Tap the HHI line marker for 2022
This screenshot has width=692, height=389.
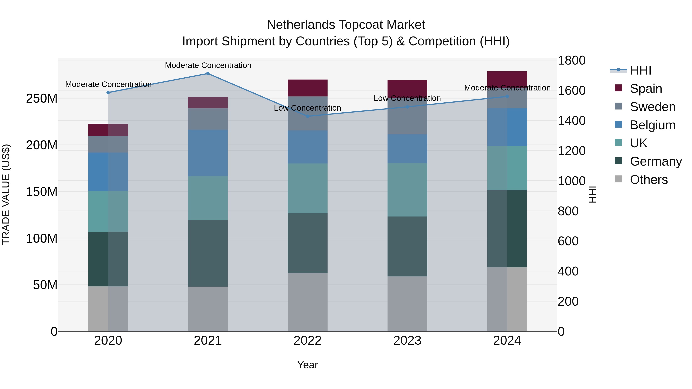tap(308, 116)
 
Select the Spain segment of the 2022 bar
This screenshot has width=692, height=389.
tap(308, 88)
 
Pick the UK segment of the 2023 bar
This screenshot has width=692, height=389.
tap(407, 190)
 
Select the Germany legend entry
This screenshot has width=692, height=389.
tap(655, 161)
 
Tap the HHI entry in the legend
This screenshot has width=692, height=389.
tap(640, 70)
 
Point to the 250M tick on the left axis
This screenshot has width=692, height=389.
tap(42, 99)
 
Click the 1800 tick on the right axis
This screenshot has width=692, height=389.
tap(571, 60)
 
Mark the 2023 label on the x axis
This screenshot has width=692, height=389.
tap(407, 341)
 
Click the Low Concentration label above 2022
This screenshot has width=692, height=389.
tap(307, 108)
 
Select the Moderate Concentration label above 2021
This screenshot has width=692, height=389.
tap(208, 65)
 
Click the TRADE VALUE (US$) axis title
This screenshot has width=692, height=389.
tap(6, 194)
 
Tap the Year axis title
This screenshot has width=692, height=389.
tap(308, 365)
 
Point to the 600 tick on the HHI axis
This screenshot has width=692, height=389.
tap(568, 241)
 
